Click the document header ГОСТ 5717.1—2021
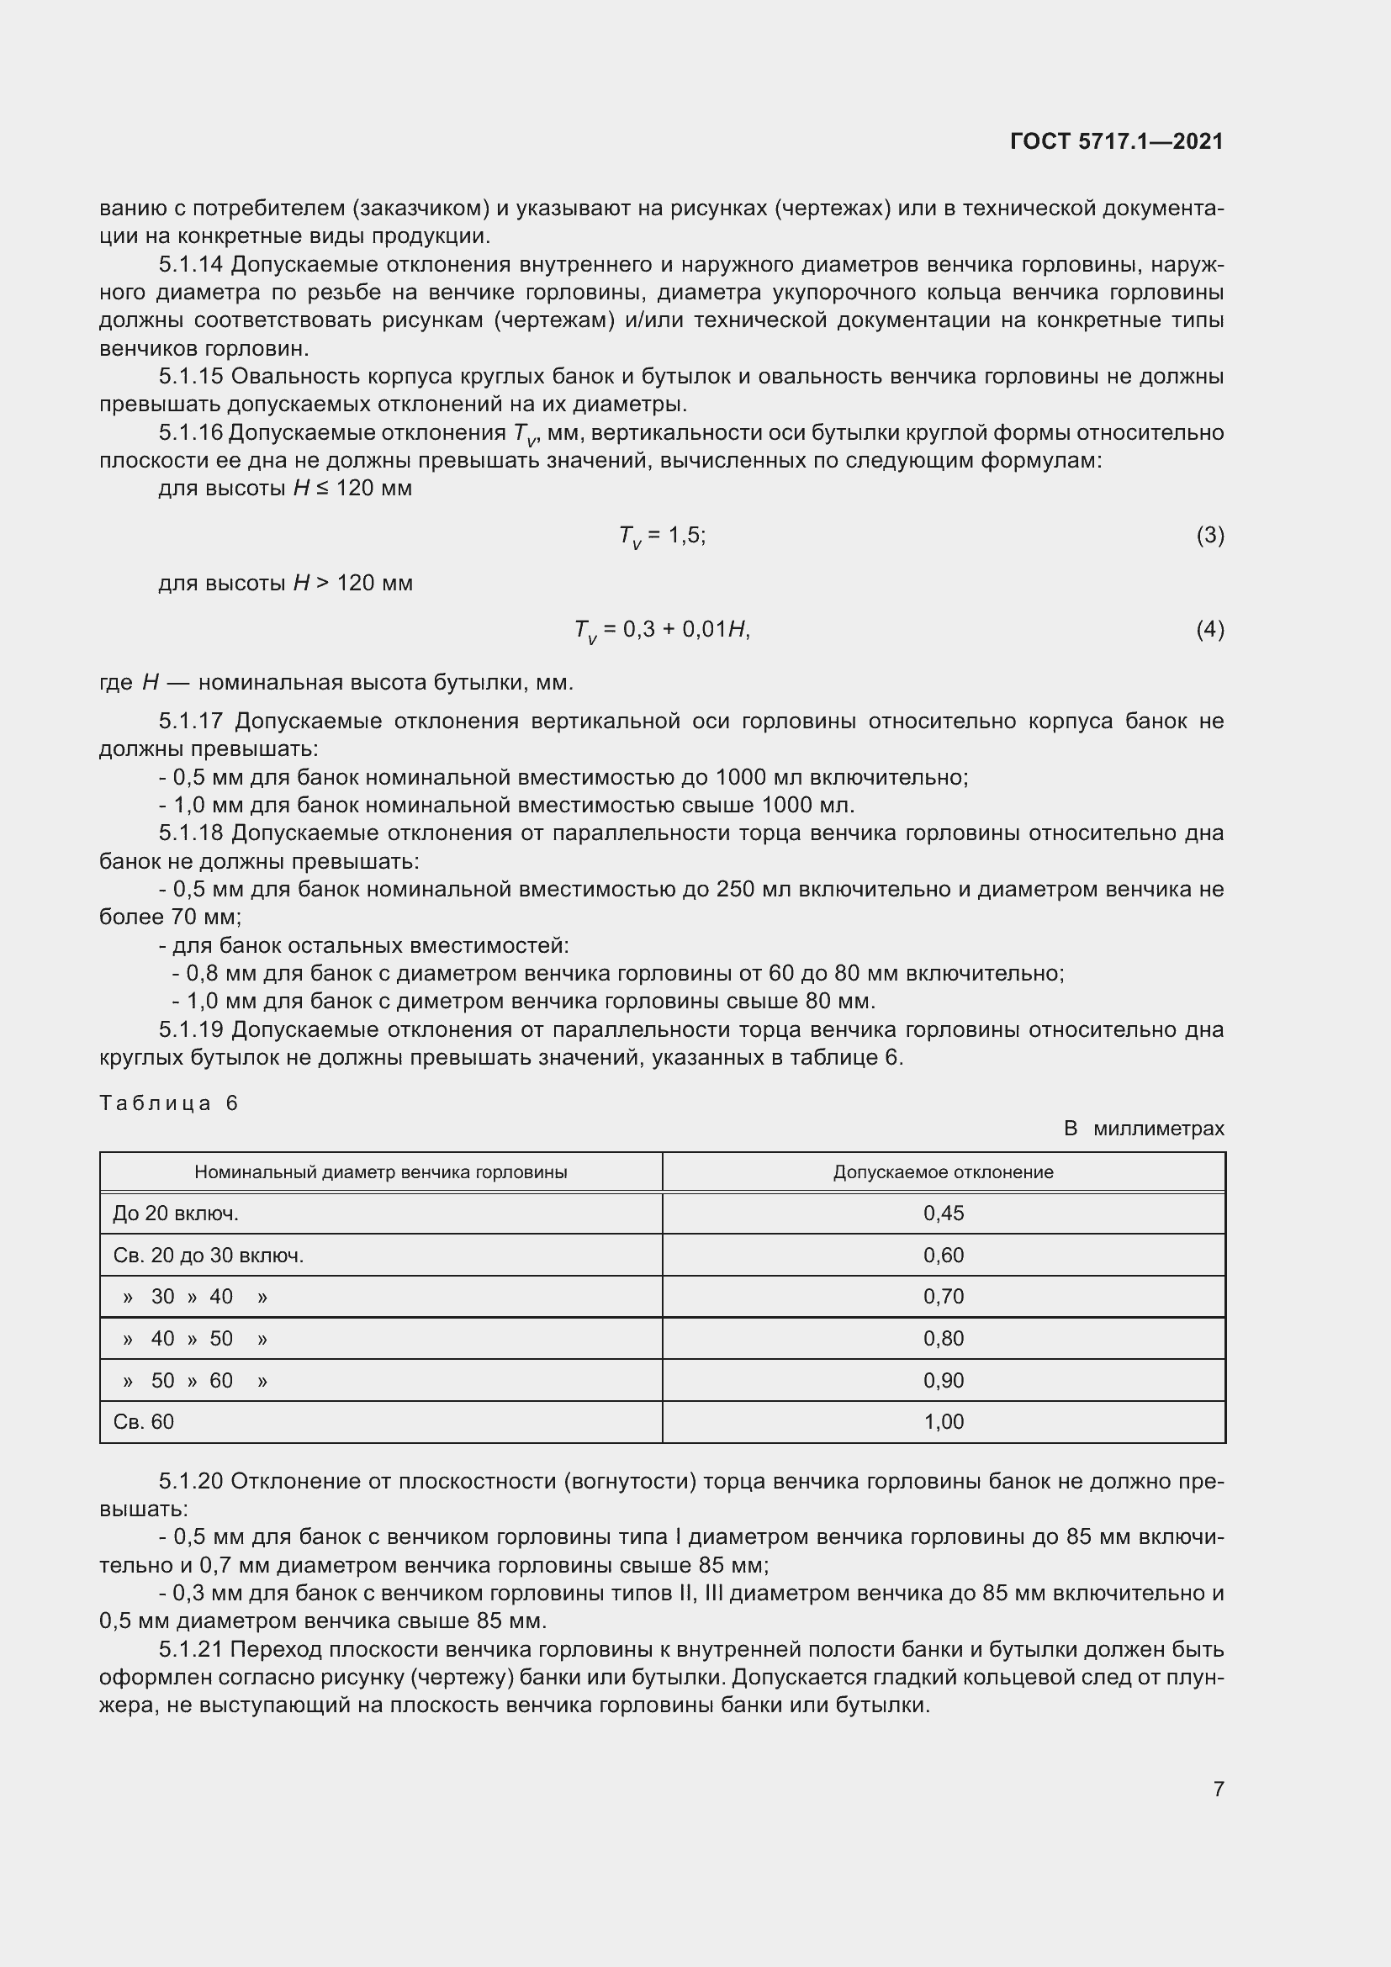coord(1116,141)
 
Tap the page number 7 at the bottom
coord(1218,1789)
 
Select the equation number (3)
coord(1209,536)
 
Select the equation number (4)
coord(1209,630)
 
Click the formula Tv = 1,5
coord(661,537)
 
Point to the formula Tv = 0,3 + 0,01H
coord(661,631)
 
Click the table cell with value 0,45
coord(943,1214)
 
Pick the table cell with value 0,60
coord(943,1255)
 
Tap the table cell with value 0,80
coord(943,1338)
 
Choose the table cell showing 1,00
coord(943,1421)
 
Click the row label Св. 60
coord(143,1421)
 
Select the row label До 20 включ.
coord(176,1214)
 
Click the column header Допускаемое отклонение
coord(943,1172)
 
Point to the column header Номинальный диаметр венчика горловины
coord(380,1172)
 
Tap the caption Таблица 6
coord(168,1102)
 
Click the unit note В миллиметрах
coord(1144,1129)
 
